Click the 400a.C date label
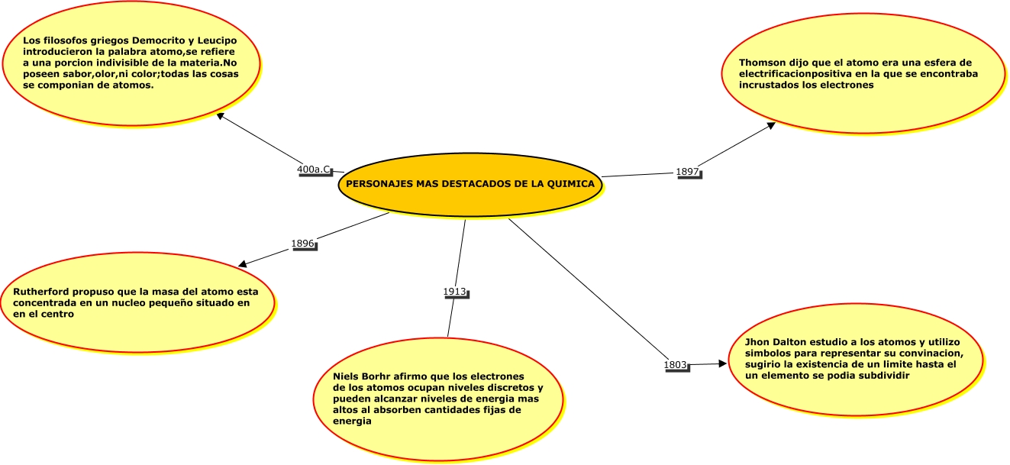tap(314, 170)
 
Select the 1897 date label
tap(687, 172)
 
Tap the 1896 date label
tap(303, 244)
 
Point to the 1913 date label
tap(455, 292)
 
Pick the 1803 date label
tap(676, 365)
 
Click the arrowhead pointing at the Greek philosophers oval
tap(221, 116)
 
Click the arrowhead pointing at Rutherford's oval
tap(243, 264)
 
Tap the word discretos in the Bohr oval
tap(513, 388)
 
